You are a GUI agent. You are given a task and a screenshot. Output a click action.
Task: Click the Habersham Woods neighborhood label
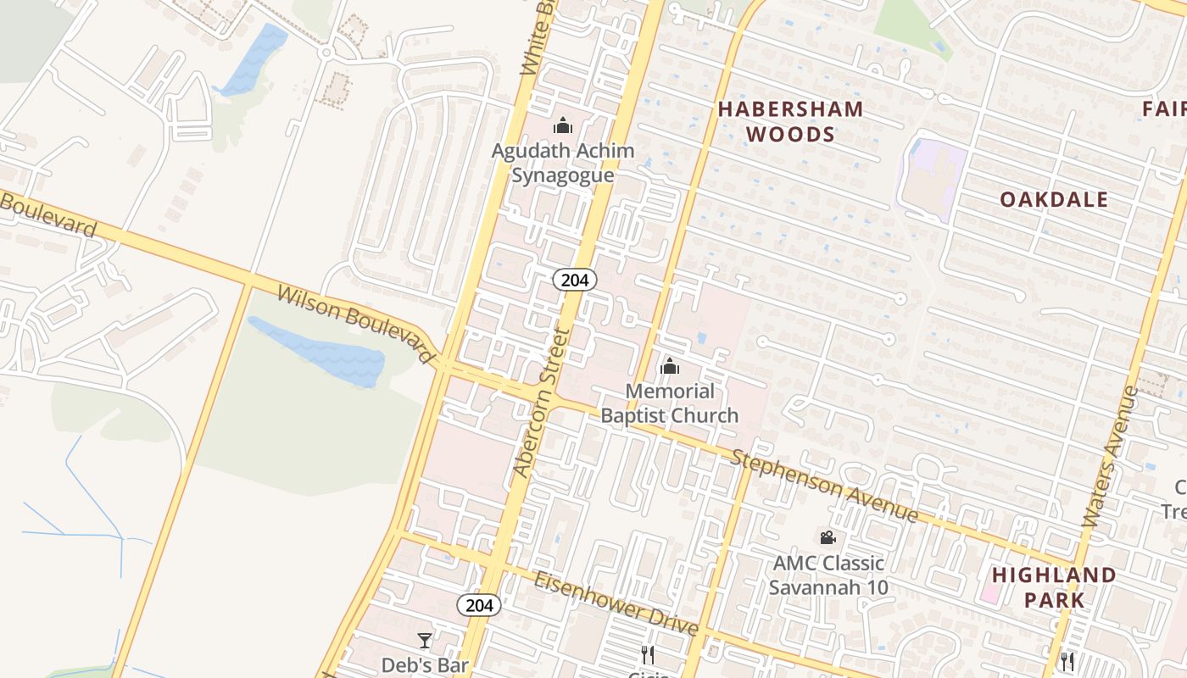tap(791, 121)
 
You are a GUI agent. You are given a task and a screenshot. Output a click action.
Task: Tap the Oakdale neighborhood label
tap(1054, 199)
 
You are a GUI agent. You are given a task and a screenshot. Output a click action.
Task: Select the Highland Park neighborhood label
tap(1054, 587)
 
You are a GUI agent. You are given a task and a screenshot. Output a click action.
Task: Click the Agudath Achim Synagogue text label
tap(563, 163)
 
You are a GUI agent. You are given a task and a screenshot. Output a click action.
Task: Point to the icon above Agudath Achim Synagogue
tap(563, 126)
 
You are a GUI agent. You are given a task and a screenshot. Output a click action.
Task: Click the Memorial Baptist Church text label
tap(670, 403)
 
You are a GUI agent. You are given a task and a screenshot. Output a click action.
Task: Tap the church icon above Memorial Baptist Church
tap(670, 366)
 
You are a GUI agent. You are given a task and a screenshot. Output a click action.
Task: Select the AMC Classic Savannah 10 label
tap(828, 575)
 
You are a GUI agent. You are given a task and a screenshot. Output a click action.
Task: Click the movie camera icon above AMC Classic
tap(828, 537)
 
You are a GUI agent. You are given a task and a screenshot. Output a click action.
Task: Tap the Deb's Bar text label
tap(425, 664)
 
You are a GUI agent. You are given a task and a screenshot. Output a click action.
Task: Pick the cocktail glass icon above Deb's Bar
tap(425, 640)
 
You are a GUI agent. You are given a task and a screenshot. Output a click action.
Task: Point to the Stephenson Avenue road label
tap(824, 486)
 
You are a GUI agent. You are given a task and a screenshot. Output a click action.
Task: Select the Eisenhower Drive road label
tap(616, 603)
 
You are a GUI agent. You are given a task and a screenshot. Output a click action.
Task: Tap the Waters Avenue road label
tap(1112, 458)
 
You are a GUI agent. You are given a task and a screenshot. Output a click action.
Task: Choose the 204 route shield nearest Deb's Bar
tap(479, 605)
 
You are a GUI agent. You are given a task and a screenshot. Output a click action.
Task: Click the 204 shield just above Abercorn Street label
tap(576, 280)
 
